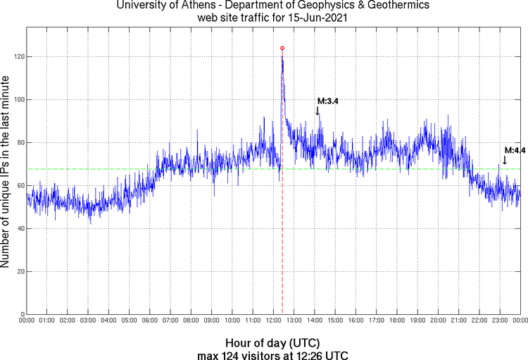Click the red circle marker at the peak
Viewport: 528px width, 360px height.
282,49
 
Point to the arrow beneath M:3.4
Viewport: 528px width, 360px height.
318,111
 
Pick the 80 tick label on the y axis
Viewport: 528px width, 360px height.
19,142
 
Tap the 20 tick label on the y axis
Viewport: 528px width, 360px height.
19,271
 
